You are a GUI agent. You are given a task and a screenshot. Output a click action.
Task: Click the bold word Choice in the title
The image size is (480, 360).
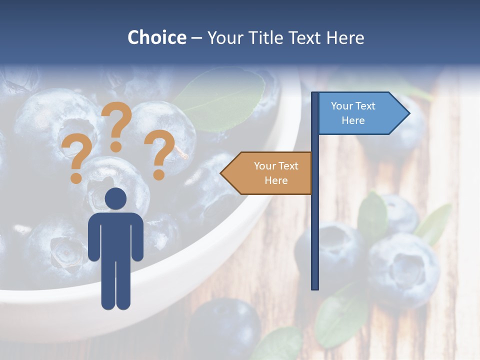coord(156,38)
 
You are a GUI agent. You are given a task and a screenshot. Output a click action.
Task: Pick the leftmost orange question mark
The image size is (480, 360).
coord(76,159)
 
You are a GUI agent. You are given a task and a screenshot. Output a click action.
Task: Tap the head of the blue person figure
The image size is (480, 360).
coord(116,198)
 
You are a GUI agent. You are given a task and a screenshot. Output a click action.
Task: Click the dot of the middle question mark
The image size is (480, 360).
coord(116,147)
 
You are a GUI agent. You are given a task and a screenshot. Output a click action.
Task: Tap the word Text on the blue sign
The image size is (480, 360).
coord(366,106)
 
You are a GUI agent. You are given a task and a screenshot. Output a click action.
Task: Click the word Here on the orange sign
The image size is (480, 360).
coord(276,180)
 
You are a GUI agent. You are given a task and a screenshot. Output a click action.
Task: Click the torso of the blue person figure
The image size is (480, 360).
coord(116,235)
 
